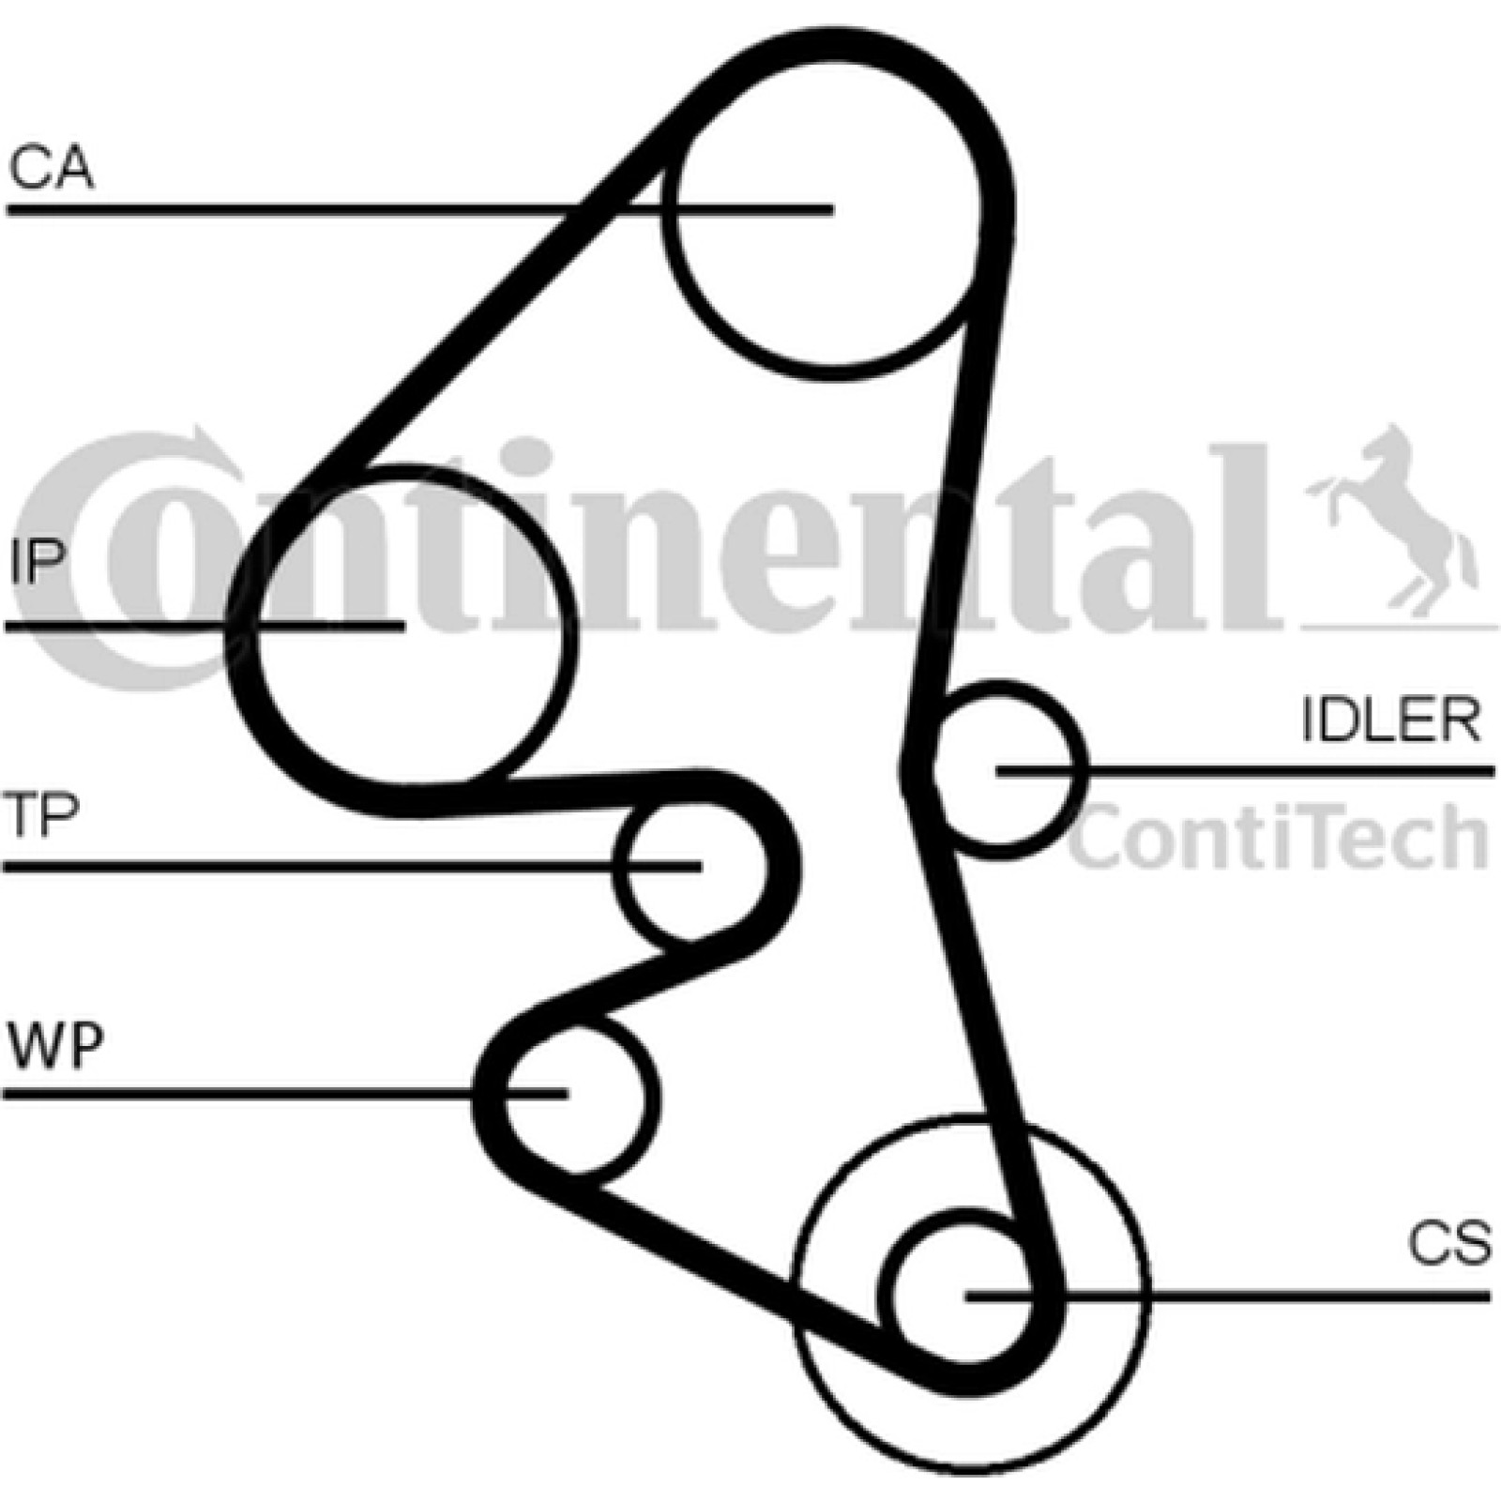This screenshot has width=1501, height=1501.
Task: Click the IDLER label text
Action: click(1391, 720)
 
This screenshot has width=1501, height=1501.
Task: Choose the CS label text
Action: click(1449, 1243)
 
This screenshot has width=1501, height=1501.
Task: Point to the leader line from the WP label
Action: click(286, 1094)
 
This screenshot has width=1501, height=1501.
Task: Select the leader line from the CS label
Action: click(1228, 1296)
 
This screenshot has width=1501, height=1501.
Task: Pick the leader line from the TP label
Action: click(353, 865)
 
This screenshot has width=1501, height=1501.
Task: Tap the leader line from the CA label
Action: click(420, 209)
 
